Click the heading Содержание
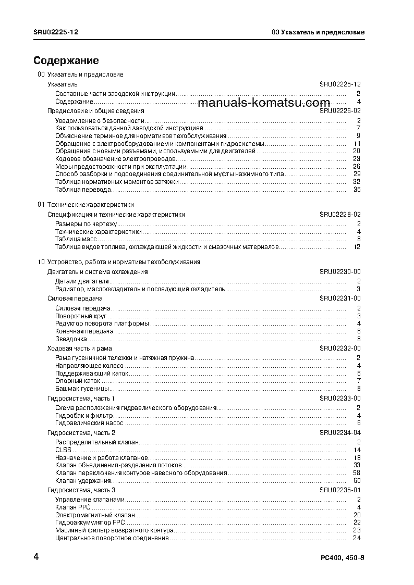pos(66,61)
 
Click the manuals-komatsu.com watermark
pos(264,103)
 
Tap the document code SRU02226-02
pos(340,111)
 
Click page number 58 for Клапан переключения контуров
pos(357,473)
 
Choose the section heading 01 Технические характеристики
pos(86,205)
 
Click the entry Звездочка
pos(71,339)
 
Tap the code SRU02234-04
pos(340,433)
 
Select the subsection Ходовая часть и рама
pos(79,348)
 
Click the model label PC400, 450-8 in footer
pos(343,558)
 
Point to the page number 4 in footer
pos(36,557)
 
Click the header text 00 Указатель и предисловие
pos(318,32)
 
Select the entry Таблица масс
pos(73,239)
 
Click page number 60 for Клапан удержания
pos(357,481)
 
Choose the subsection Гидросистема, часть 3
pos(81,490)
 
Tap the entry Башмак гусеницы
pos(82,389)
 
